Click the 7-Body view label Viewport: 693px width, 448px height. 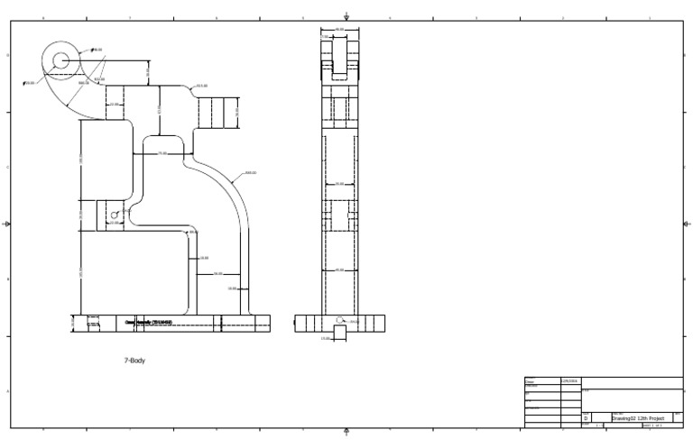click(x=134, y=360)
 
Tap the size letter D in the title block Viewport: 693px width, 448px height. click(x=586, y=418)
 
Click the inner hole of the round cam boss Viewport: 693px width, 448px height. click(x=60, y=60)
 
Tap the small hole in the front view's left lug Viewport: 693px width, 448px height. click(x=114, y=215)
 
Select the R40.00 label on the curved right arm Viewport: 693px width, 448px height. click(x=250, y=172)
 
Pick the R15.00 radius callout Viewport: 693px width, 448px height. click(x=202, y=86)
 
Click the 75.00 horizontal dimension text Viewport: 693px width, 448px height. click(x=162, y=153)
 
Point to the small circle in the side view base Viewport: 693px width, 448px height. click(x=338, y=320)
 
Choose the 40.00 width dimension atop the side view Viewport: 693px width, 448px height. click(x=339, y=30)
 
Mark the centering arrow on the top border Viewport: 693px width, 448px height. click(x=347, y=15)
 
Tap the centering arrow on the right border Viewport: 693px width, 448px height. click(x=686, y=224)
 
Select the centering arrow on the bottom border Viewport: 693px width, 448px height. click(x=347, y=432)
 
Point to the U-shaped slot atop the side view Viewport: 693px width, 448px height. click(x=339, y=63)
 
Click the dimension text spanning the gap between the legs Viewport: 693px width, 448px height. click(x=218, y=273)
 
